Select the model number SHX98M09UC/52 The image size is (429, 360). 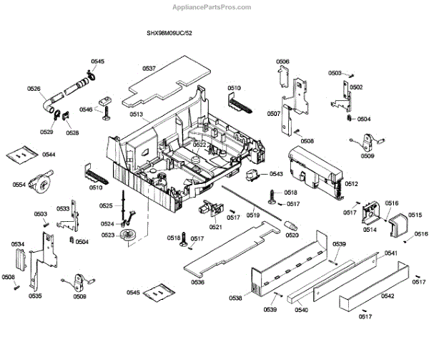170,34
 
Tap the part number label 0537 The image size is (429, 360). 149,68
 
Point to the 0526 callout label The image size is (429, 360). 34,89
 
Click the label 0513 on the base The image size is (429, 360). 136,115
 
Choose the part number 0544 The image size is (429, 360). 49,155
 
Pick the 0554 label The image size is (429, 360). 19,185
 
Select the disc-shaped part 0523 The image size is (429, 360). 129,236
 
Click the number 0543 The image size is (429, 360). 276,175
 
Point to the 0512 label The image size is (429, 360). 351,184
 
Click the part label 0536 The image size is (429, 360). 198,282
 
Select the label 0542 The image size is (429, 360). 387,296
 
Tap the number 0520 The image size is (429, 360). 292,235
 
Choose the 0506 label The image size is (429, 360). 283,62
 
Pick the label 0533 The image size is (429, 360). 64,208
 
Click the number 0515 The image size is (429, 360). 415,215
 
